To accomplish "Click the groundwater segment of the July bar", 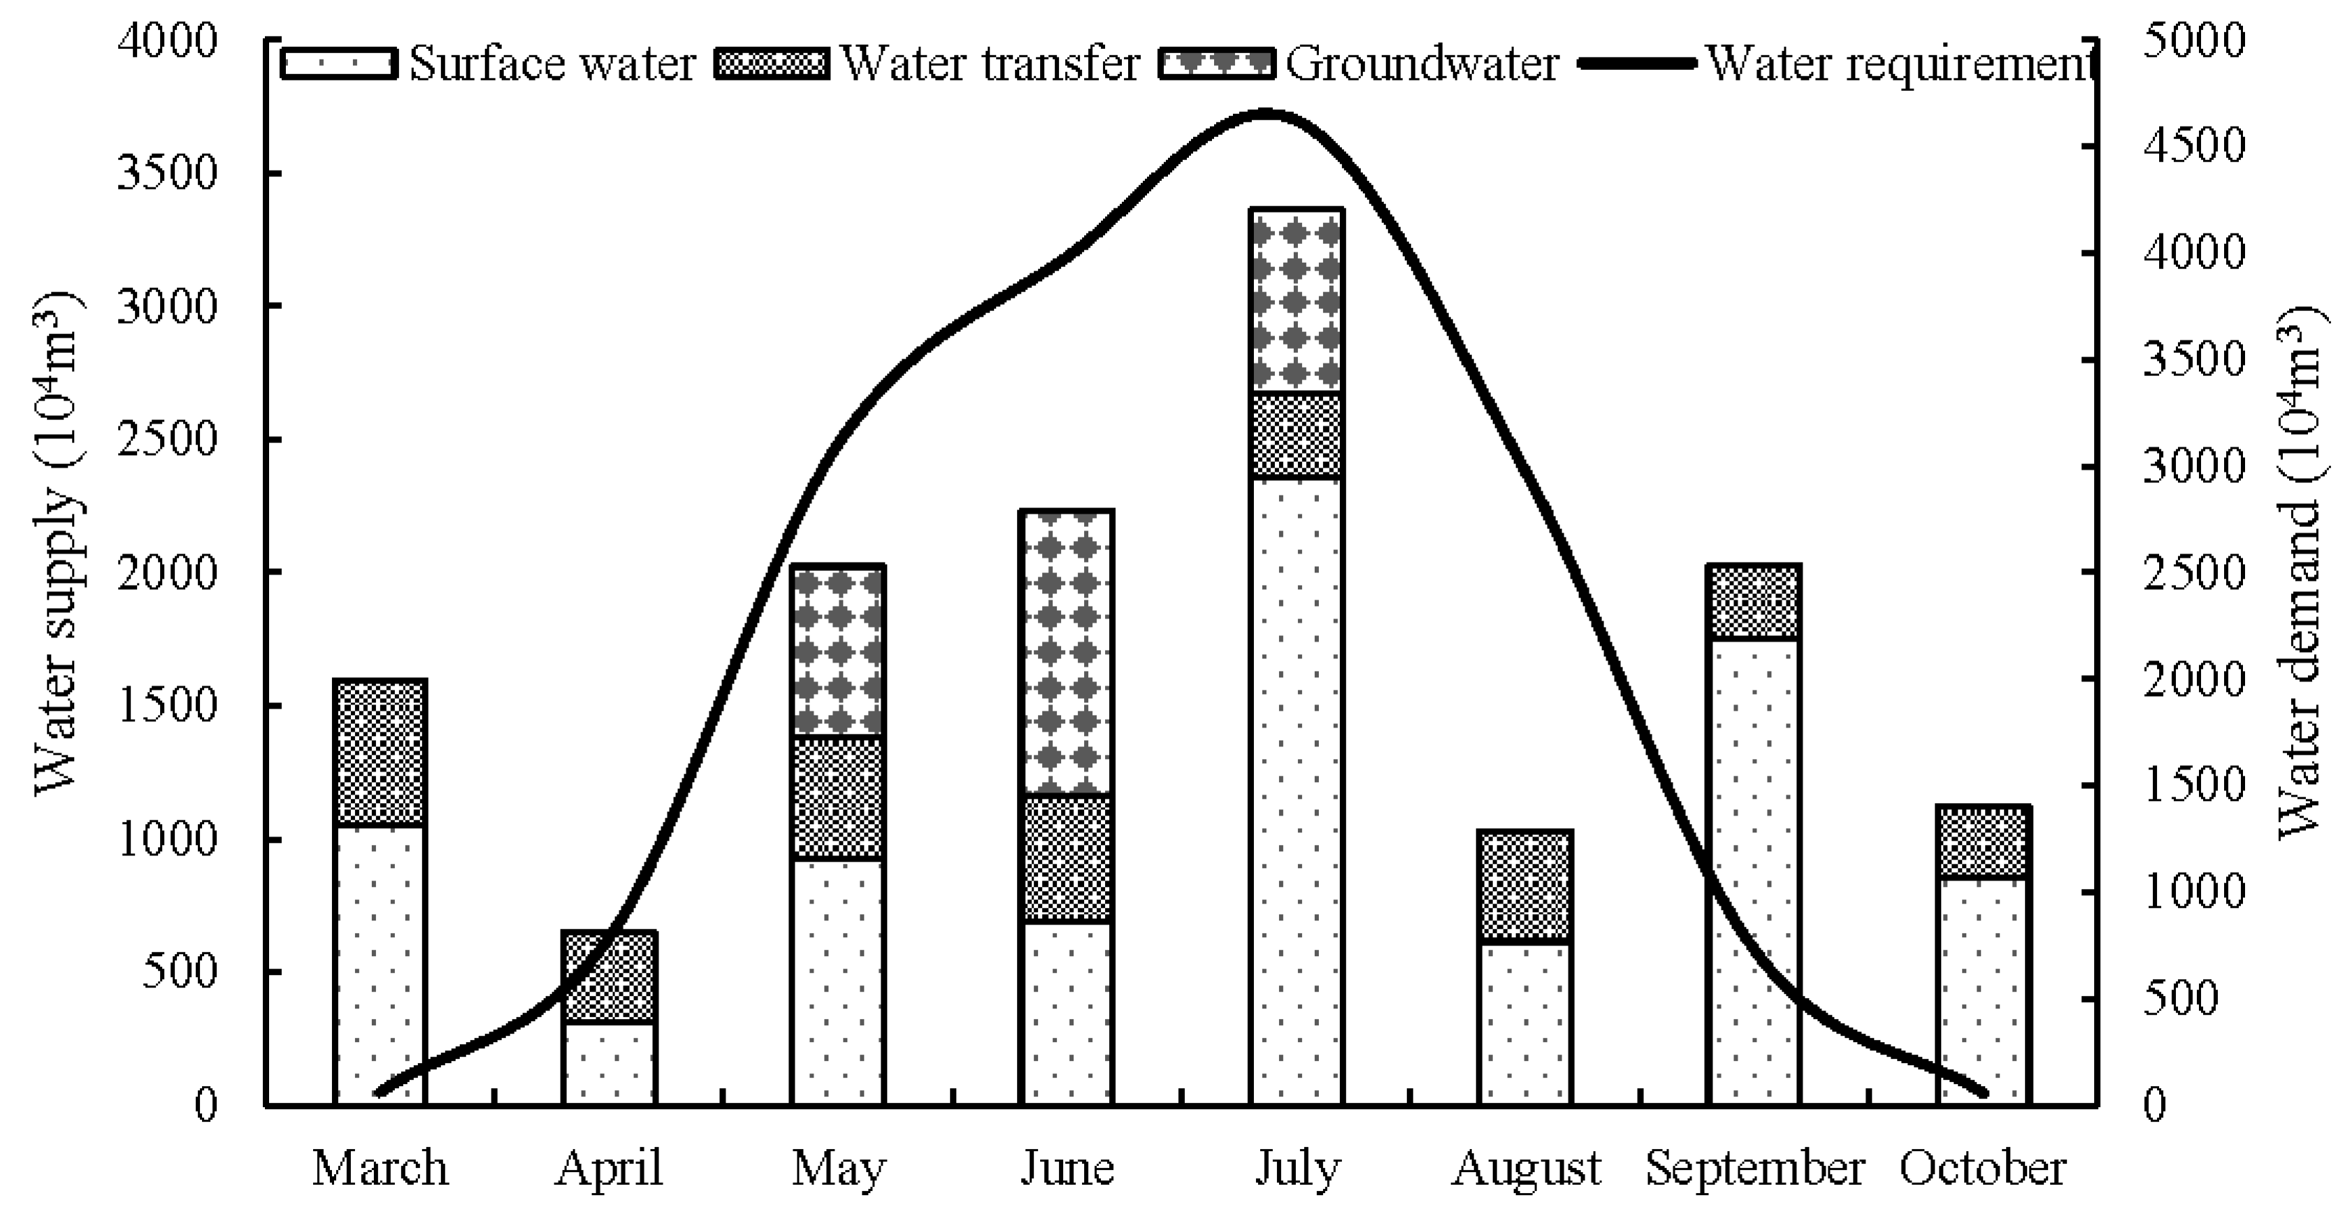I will pos(1297,301).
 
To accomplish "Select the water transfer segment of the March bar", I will pos(380,753).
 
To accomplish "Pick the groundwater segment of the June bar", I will pos(1067,653).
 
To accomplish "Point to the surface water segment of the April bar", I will pos(609,1064).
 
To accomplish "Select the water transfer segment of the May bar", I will pos(837,797).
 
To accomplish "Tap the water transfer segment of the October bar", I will pos(1982,841).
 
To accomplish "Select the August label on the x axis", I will pos(1526,1169).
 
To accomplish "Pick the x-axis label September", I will pos(1754,1169).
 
